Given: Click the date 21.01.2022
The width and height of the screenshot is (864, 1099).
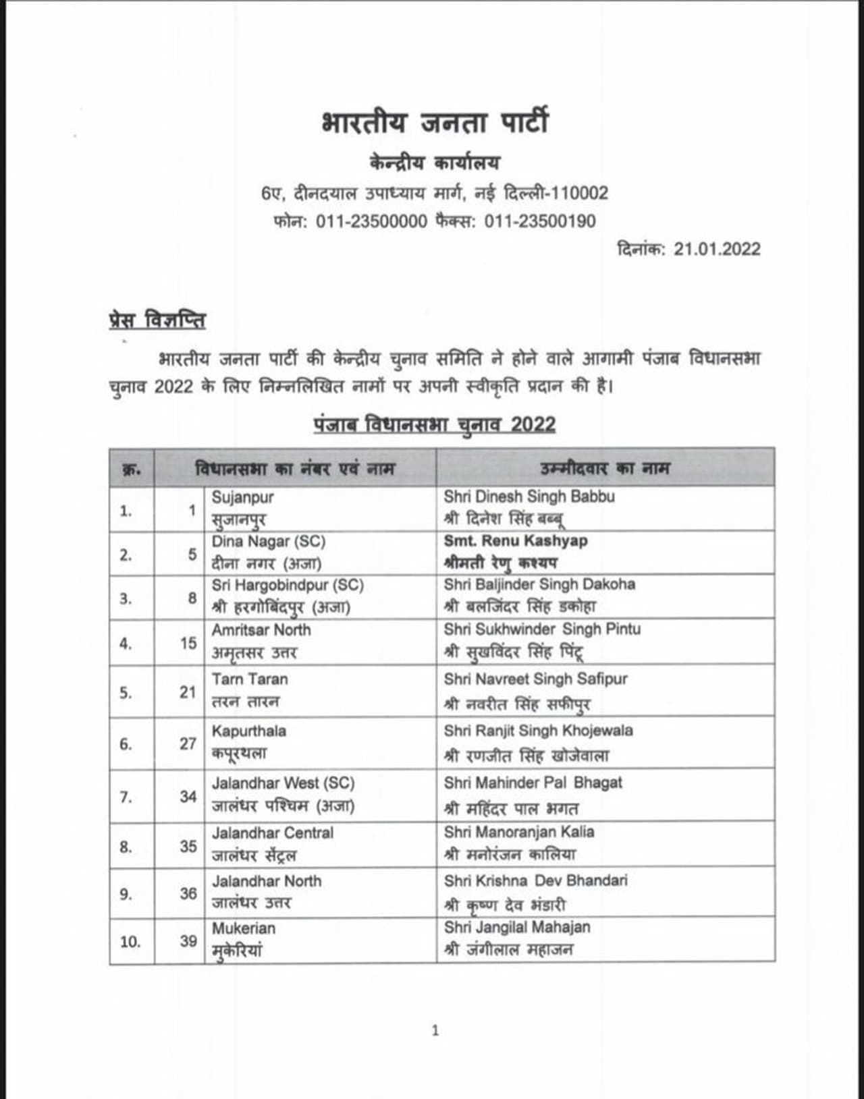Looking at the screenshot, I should tap(717, 249).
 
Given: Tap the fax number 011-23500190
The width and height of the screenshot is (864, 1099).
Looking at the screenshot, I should tap(540, 221).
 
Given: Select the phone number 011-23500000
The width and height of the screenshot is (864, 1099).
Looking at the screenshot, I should tap(371, 221).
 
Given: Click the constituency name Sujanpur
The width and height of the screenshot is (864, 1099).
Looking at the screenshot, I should tap(242, 497).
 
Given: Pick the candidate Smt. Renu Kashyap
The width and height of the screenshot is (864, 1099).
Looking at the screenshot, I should tap(516, 541).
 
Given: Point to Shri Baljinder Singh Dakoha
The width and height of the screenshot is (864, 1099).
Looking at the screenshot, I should tap(539, 584).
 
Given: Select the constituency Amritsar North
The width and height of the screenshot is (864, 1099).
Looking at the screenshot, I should tap(261, 630).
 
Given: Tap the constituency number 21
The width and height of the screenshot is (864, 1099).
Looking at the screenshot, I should tap(188, 692).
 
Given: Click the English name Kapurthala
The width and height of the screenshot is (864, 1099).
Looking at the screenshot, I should tap(248, 731).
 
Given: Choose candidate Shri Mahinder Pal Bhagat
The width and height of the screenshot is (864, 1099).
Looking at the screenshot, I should tap(533, 783).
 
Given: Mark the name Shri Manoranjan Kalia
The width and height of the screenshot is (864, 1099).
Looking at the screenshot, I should tap(519, 832).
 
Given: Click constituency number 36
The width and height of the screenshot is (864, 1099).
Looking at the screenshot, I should tap(188, 893).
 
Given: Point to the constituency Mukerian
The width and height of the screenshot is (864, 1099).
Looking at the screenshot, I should tap(243, 928).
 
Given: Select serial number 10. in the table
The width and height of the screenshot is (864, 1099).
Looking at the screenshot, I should tap(130, 941).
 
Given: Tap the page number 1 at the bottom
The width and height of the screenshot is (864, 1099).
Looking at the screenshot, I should tap(435, 1030).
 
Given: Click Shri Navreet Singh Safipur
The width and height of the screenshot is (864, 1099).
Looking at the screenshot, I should tap(535, 679).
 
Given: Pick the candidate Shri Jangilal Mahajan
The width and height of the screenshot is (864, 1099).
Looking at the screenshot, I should tap(517, 928).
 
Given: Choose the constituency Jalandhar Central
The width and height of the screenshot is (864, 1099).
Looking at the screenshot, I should tap(273, 833).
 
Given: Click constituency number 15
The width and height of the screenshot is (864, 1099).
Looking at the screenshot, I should tap(188, 643).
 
